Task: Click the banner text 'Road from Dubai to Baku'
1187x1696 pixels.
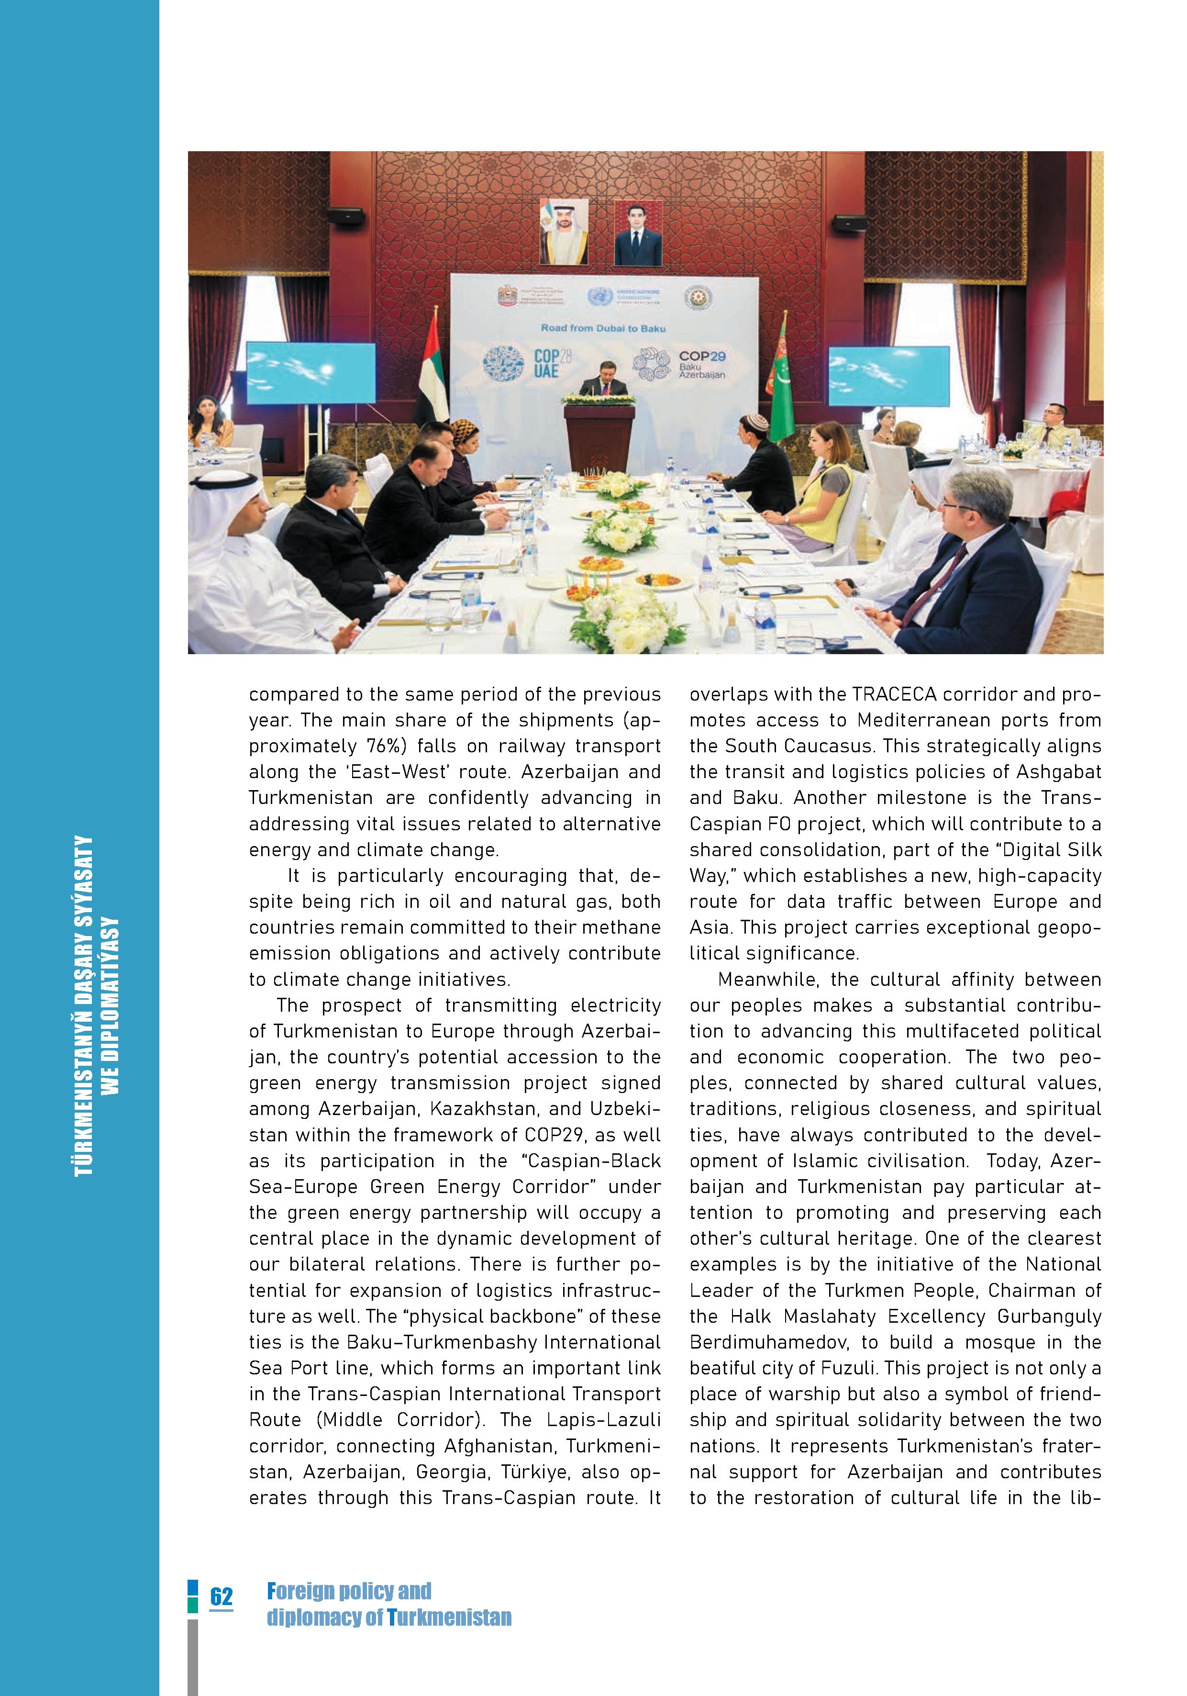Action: (x=603, y=327)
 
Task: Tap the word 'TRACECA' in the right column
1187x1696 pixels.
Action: (x=897, y=694)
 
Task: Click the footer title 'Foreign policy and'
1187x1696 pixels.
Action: (x=349, y=1590)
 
